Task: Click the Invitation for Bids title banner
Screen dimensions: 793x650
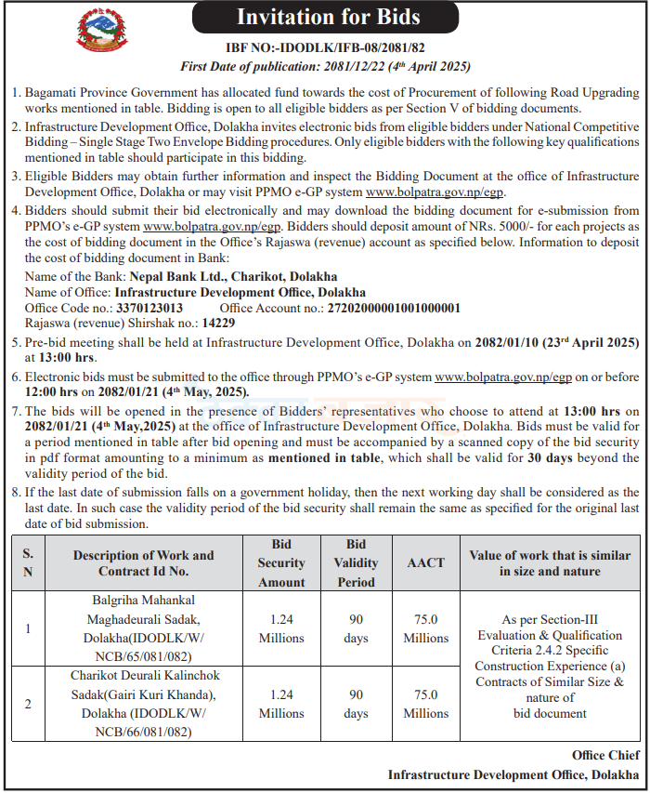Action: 328,17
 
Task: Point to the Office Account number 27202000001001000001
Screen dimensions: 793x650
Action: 394,308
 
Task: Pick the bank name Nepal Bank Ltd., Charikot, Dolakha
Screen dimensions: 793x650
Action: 233,277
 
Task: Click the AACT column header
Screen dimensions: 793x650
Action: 426,563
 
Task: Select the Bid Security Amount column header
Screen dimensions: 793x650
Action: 281,563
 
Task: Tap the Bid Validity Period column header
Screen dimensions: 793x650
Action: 356,563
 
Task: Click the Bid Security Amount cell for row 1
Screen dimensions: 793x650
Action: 281,628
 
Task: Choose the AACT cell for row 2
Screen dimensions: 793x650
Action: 426,704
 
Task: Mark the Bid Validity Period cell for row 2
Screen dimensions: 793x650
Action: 356,704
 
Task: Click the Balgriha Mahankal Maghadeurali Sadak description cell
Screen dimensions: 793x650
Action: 143,628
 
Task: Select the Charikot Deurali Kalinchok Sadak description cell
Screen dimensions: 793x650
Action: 143,704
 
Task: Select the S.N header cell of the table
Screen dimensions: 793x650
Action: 28,563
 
